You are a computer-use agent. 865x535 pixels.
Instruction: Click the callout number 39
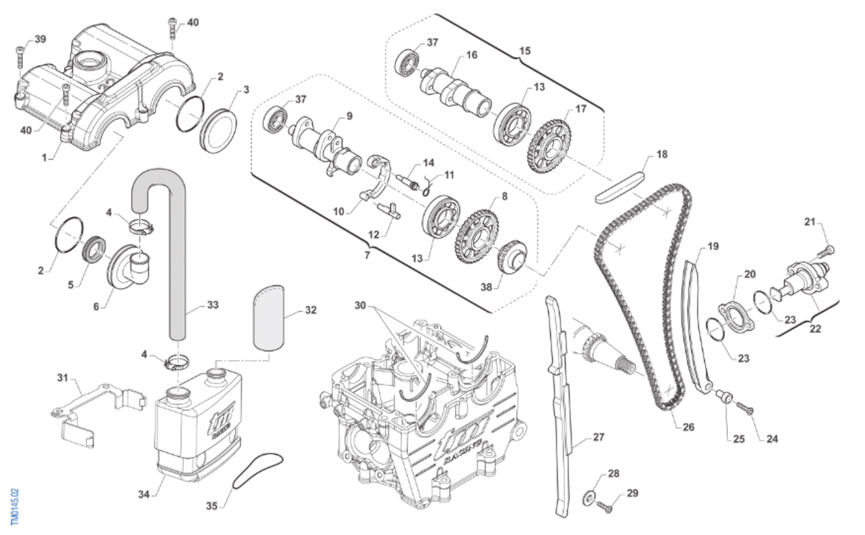40,38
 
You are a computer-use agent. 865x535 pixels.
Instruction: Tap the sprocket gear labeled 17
552,144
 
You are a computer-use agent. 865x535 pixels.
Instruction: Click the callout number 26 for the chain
688,427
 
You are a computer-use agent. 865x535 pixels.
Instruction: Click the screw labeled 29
605,508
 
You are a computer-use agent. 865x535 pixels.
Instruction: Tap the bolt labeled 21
825,252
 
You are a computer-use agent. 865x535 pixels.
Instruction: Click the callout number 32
311,311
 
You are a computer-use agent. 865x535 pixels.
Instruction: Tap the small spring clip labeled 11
428,185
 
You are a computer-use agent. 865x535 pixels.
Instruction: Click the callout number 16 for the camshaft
471,55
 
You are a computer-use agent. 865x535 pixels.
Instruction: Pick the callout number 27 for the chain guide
599,438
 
